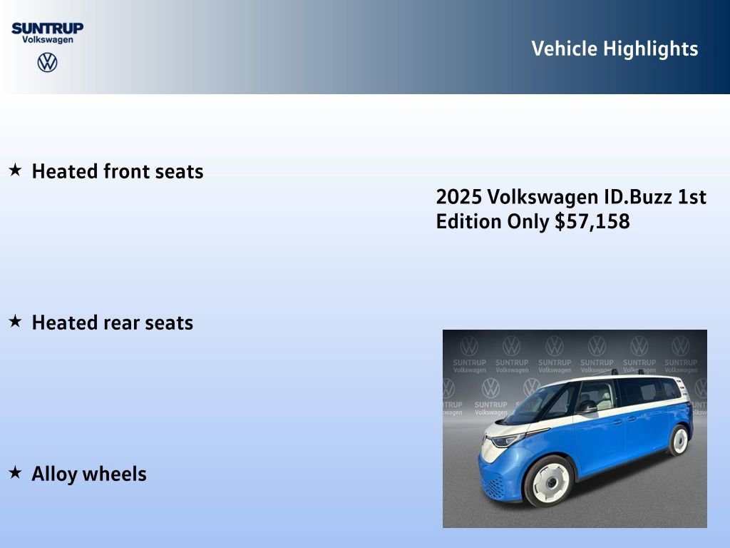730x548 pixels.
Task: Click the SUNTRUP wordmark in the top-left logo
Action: pos(47,28)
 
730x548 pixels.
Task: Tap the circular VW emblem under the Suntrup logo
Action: pos(47,63)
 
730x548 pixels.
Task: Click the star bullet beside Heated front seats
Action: pos(15,171)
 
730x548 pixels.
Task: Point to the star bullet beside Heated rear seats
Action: pos(15,322)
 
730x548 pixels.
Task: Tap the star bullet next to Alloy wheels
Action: pos(15,472)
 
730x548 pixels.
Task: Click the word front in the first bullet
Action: pos(126,172)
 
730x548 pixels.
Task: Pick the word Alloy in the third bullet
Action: pos(54,475)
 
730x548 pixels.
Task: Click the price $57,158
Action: pos(592,222)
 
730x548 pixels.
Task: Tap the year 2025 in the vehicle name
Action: pos(459,197)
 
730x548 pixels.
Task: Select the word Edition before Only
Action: pos(468,222)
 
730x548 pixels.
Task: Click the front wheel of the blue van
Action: pos(549,480)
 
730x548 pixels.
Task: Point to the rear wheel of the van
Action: pos(679,440)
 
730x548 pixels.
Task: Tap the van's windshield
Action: pos(537,404)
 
